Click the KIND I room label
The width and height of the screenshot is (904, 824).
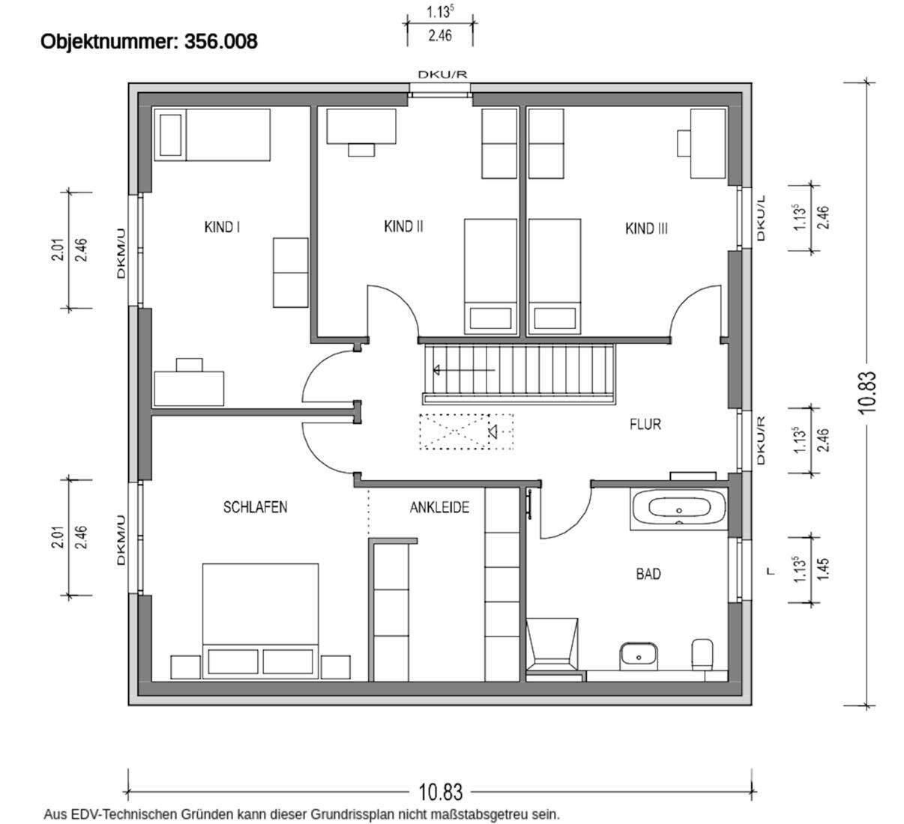click(222, 227)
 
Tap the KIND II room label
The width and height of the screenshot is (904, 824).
click(403, 226)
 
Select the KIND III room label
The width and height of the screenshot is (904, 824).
click(646, 228)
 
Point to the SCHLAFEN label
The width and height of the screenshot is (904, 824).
click(255, 507)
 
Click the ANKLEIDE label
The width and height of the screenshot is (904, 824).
click(439, 507)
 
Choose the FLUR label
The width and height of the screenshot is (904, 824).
click(645, 424)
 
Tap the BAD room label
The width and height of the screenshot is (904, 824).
click(648, 574)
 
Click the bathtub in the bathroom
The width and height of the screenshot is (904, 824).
click(678, 509)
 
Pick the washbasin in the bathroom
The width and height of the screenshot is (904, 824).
click(639, 656)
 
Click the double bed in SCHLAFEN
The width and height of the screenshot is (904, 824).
click(260, 621)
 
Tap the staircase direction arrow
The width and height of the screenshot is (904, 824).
click(463, 370)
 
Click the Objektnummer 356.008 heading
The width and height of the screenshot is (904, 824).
click(149, 41)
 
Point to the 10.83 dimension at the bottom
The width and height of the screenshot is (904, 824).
click(440, 792)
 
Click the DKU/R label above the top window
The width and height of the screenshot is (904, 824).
click(442, 74)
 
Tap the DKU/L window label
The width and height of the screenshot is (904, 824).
click(761, 218)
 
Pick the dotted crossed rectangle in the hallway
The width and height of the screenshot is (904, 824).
click(466, 431)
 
